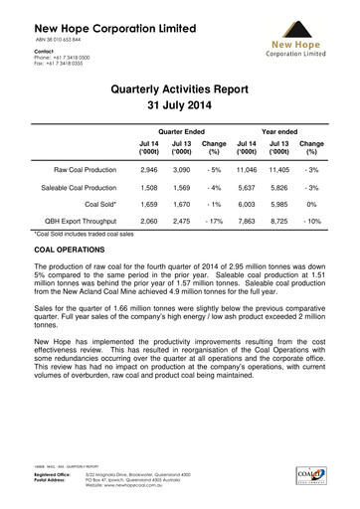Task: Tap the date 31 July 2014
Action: pyautogui.click(x=180, y=106)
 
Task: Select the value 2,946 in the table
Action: pyautogui.click(x=147, y=171)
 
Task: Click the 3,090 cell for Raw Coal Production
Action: pyautogui.click(x=181, y=171)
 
